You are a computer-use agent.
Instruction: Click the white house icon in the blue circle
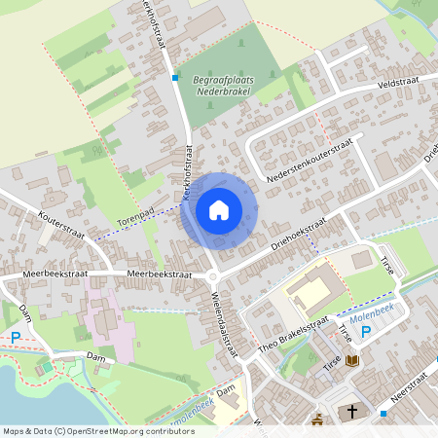tap(219, 210)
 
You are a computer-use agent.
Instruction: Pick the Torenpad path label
tap(136, 213)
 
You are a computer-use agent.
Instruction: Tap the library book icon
tap(352, 361)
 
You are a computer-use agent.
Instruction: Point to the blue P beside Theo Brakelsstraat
tap(366, 333)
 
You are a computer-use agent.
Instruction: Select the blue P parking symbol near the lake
tap(16, 338)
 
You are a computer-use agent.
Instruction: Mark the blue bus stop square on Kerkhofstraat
tap(175, 77)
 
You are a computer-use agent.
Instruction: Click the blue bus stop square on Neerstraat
tap(383, 413)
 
